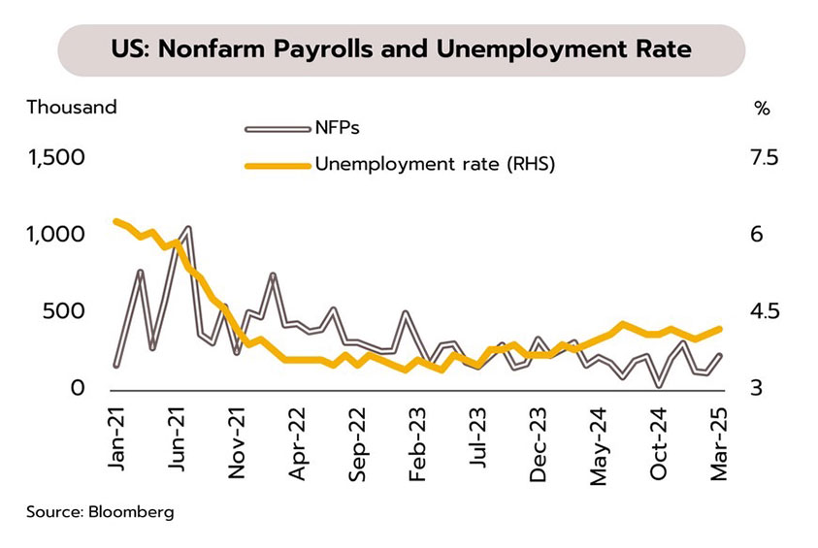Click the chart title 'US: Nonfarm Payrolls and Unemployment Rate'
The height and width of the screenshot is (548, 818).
pyautogui.click(x=402, y=50)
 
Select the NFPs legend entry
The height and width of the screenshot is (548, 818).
pyautogui.click(x=339, y=127)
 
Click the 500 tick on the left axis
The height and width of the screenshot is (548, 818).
pyautogui.click(x=69, y=311)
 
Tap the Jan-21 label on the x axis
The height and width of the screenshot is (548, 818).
pyautogui.click(x=117, y=441)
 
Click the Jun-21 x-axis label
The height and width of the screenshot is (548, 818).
pyautogui.click(x=178, y=441)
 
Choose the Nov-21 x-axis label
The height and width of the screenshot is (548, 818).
pyautogui.click(x=238, y=441)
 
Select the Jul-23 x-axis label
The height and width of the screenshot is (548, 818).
pyautogui.click(x=478, y=441)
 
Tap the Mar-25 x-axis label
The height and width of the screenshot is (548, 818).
pyautogui.click(x=720, y=441)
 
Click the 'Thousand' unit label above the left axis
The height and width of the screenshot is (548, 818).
pyautogui.click(x=71, y=108)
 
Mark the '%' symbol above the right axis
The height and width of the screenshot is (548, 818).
pyautogui.click(x=762, y=109)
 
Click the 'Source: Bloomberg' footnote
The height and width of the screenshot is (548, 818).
pyautogui.click(x=100, y=511)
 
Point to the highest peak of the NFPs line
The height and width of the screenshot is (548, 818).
pyautogui.click(x=187, y=229)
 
